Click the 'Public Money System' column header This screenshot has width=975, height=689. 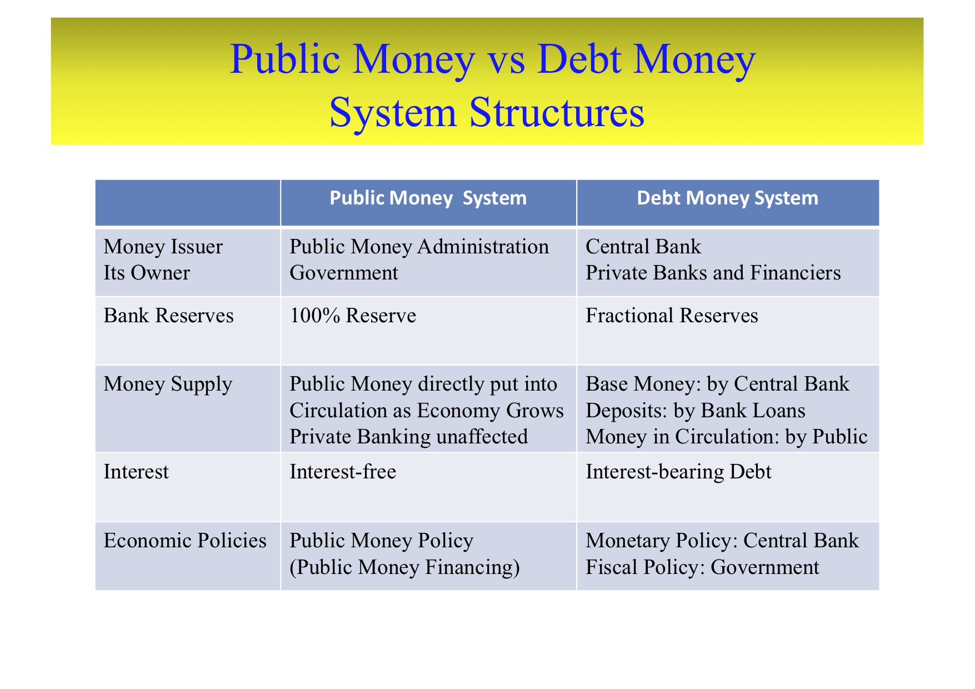(x=428, y=198)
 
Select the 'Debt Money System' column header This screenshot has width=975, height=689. (x=727, y=198)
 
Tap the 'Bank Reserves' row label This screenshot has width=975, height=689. (x=168, y=316)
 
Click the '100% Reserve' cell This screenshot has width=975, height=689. (x=353, y=316)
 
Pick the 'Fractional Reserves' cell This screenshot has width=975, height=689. (x=672, y=316)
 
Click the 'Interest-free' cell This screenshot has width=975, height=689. (x=343, y=472)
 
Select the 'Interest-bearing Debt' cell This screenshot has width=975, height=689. (x=678, y=472)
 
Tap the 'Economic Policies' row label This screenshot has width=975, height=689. (x=185, y=541)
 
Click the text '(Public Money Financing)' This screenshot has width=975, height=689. (x=404, y=568)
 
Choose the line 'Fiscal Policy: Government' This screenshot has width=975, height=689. (x=702, y=567)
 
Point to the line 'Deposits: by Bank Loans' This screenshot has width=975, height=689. (x=696, y=411)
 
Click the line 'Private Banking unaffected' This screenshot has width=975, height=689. (x=408, y=437)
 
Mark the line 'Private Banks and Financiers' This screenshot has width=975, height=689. (x=713, y=273)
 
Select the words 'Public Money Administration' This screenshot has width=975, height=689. (x=419, y=247)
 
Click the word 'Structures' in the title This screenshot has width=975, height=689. (x=557, y=113)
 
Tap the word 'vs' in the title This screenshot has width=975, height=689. (x=506, y=60)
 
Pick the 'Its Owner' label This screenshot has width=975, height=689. (x=147, y=273)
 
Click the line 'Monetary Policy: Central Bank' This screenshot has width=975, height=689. (x=722, y=541)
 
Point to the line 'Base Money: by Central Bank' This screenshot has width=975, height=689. (x=717, y=385)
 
